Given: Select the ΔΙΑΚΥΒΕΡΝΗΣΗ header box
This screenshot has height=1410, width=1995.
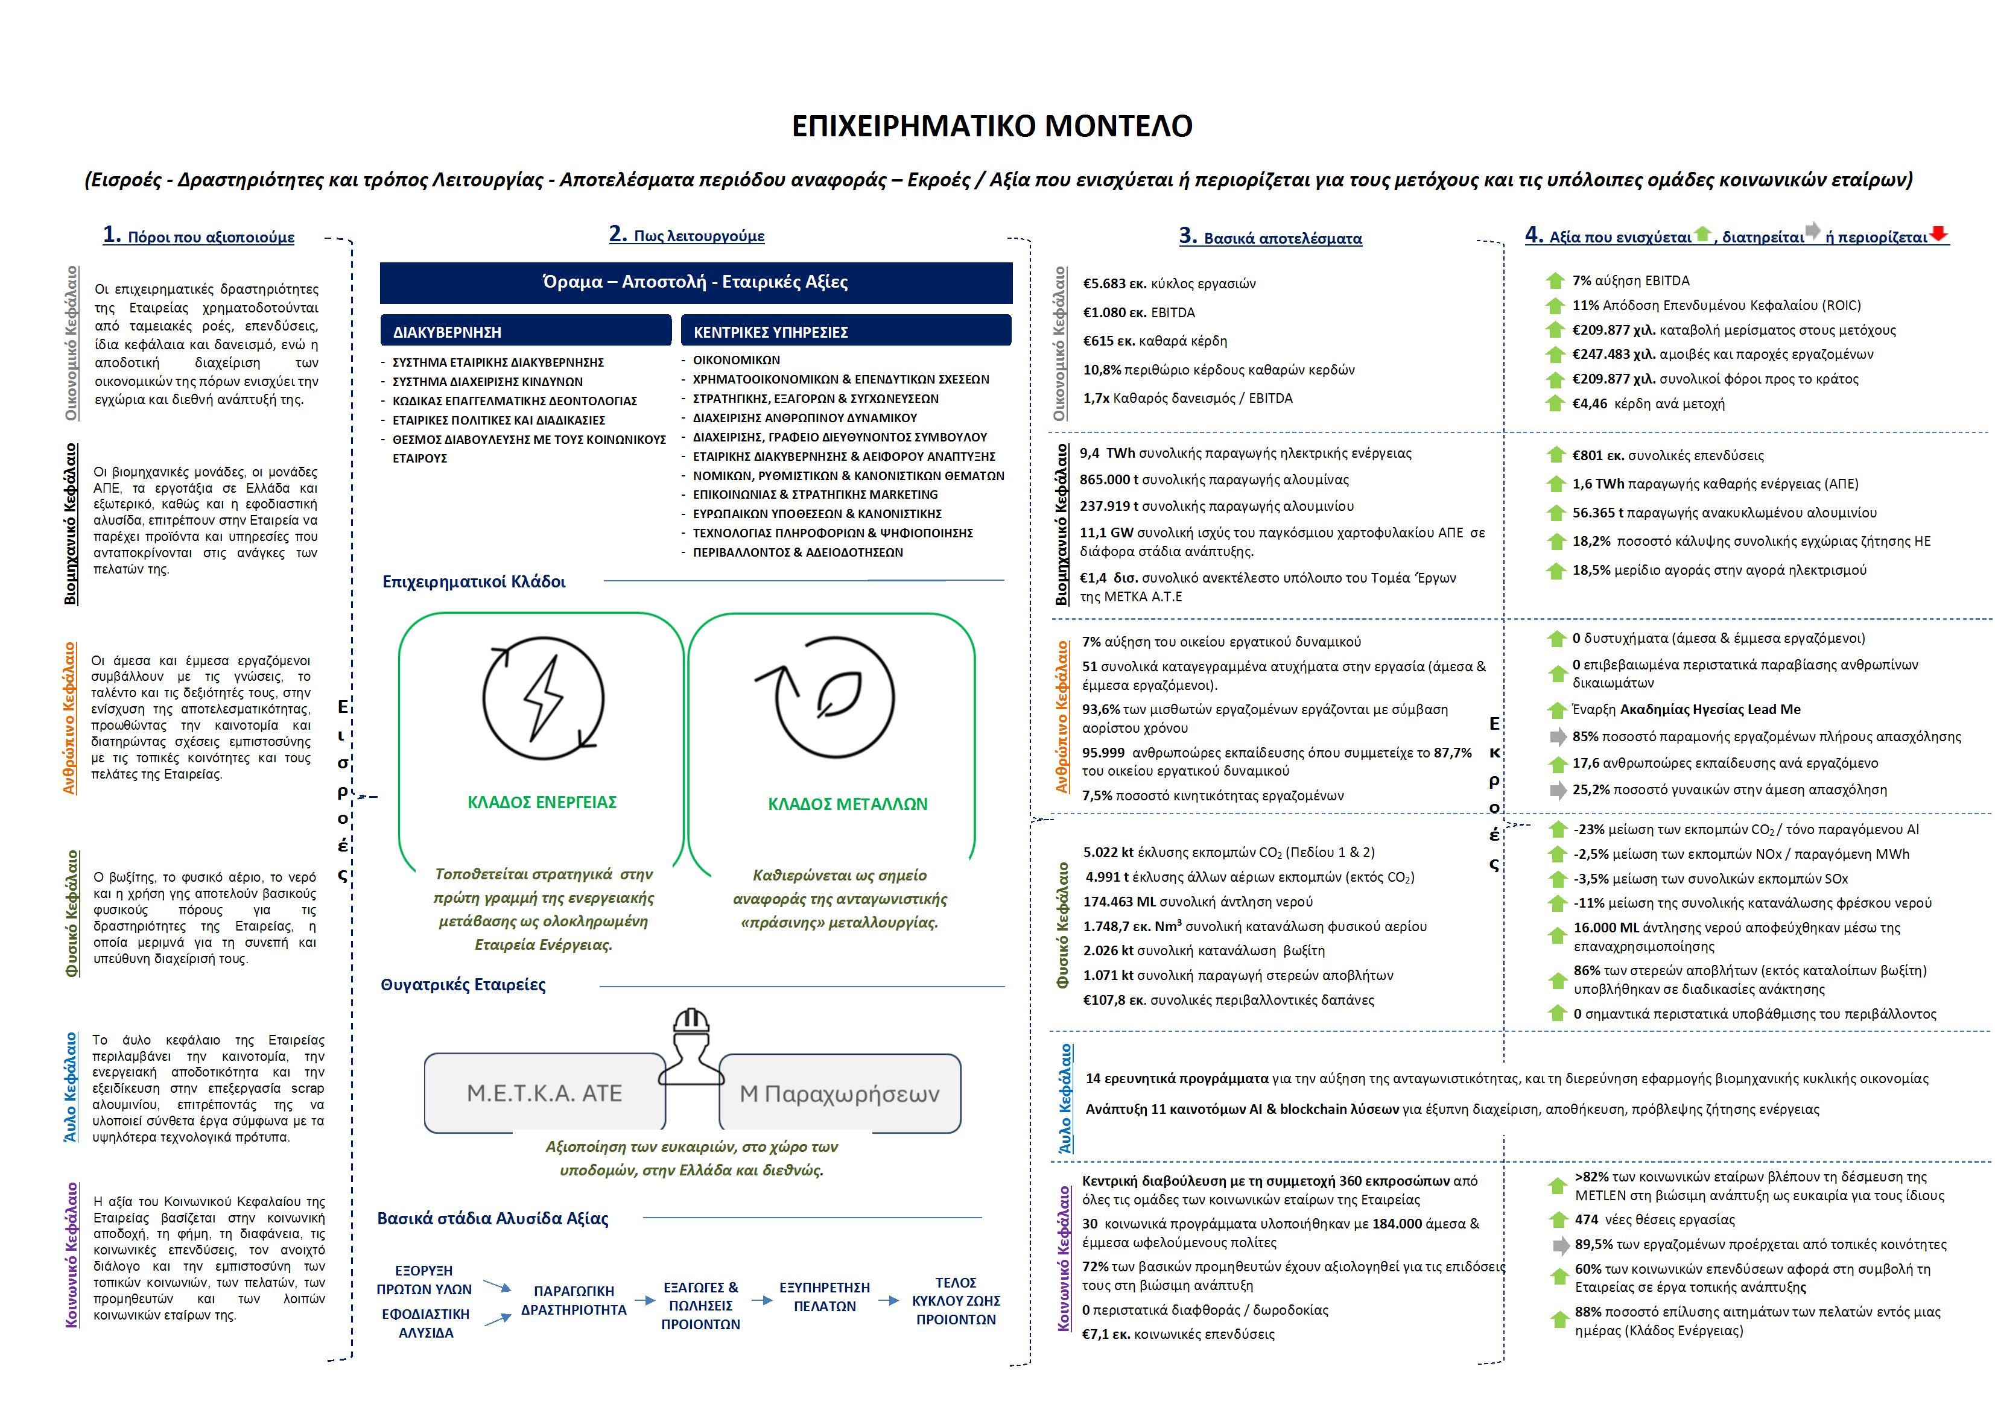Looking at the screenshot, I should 525,331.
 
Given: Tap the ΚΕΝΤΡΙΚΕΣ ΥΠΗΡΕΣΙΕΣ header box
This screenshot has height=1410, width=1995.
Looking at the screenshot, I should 845,331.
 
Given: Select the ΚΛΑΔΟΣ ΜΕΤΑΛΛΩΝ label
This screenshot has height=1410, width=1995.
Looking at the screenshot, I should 847,804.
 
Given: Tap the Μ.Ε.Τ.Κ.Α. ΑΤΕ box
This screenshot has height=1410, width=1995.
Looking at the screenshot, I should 544,1093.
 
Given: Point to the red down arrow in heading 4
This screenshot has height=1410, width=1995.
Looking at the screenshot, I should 1938,233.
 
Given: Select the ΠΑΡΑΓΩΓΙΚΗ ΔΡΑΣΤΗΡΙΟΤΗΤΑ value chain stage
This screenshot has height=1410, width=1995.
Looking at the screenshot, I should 574,1300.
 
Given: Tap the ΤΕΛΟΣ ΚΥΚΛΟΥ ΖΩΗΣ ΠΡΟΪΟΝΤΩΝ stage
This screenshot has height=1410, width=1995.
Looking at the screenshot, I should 956,1300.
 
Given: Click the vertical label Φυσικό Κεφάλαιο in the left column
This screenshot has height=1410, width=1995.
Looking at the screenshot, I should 71,913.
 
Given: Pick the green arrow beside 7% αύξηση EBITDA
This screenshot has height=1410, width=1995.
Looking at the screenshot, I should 1555,280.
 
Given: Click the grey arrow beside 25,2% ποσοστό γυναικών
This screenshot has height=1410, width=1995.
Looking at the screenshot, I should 1558,789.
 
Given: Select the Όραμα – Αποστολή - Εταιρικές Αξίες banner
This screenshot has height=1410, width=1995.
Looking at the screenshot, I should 695,282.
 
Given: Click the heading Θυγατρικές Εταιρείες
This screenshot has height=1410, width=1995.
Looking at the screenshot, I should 463,984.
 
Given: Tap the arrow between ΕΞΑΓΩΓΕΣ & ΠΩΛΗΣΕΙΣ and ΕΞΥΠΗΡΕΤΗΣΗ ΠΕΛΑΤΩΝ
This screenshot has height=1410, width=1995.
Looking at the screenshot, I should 762,1300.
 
